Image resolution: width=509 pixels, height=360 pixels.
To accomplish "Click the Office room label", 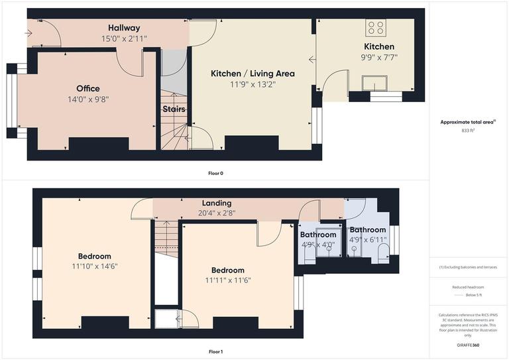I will (87, 89).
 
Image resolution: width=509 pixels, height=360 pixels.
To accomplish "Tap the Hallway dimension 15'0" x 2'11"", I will (124, 39).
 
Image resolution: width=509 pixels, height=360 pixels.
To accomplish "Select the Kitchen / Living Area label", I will (253, 74).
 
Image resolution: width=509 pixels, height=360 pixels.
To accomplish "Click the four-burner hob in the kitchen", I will (376, 28).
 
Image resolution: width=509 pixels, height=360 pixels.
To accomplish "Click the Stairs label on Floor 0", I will (174, 109).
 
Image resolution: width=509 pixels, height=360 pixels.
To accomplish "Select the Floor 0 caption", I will (215, 173).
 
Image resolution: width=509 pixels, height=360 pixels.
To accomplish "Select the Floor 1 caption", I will (215, 352).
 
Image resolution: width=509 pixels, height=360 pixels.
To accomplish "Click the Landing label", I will (217, 203).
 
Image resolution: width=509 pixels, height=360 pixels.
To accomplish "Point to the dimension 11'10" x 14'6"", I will (94, 267).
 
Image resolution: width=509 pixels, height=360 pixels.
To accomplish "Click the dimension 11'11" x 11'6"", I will (227, 280).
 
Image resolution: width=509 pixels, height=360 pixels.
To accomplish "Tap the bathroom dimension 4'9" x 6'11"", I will (368, 240).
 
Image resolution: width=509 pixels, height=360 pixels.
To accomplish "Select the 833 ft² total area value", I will (468, 131).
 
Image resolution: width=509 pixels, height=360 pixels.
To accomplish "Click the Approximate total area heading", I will (467, 122).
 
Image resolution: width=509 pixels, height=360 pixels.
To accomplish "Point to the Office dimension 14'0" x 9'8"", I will (87, 99).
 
